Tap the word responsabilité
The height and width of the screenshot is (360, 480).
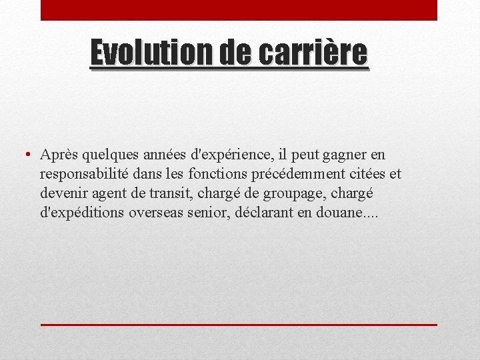click(x=87, y=175)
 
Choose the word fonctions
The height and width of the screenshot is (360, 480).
click(x=217, y=174)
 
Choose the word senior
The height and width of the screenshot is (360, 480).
click(x=213, y=213)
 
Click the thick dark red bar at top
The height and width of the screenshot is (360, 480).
click(x=239, y=10)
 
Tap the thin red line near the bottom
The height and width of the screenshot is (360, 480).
click(x=239, y=324)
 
